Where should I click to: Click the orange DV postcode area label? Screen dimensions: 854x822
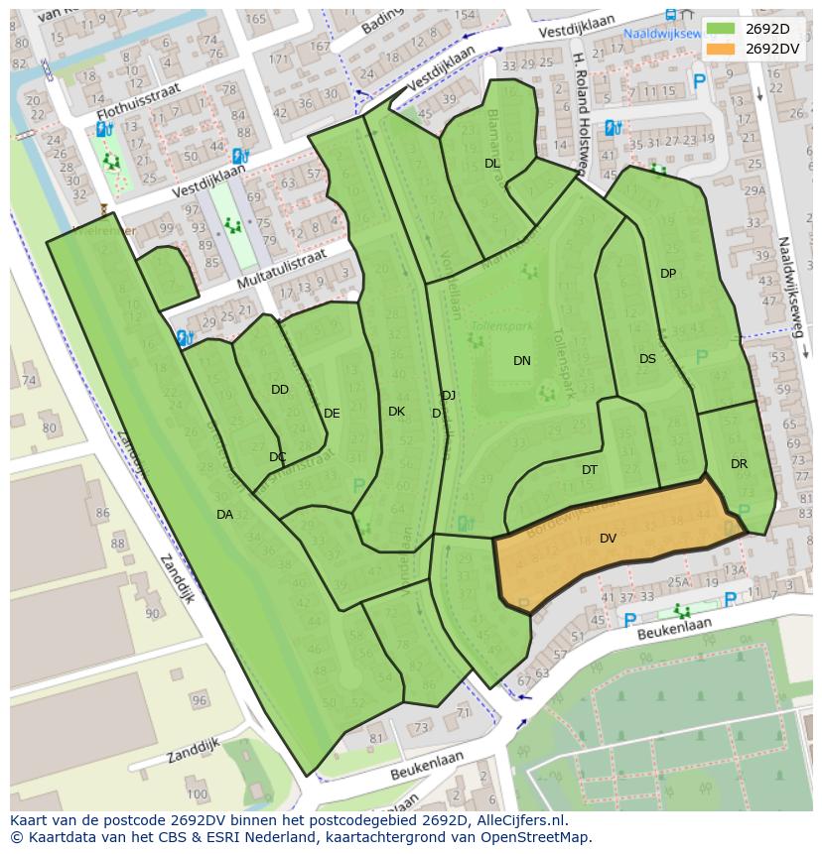pos(608,539)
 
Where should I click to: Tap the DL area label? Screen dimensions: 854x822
pos(492,164)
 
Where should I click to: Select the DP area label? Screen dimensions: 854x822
pos(668,274)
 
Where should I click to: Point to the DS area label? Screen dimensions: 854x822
pos(647,359)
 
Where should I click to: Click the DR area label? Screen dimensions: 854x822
pos(739,463)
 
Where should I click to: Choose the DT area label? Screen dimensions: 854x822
pos(590,470)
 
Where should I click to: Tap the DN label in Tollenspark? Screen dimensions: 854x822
pos(522,361)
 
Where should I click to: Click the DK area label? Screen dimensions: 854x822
pos(396,412)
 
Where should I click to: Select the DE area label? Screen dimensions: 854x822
pos(332,414)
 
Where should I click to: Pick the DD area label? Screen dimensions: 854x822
pos(280,390)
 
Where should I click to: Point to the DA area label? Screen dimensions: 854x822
pos(224,514)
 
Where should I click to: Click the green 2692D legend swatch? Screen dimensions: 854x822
pos(721,29)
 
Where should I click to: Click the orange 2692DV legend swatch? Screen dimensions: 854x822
pos(721,48)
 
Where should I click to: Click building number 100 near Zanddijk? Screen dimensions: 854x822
pos(197,793)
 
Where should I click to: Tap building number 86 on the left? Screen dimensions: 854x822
pos(102,514)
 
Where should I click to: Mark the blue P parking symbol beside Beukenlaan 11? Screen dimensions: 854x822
pos(730,599)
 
